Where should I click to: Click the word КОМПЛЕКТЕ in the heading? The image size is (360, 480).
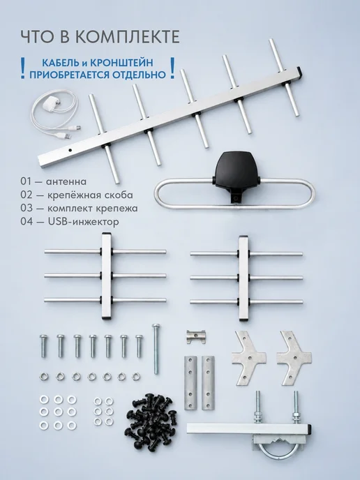pyautogui.click(x=128, y=37)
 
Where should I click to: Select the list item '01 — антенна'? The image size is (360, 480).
pyautogui.click(x=53, y=181)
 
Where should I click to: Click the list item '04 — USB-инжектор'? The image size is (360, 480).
pyautogui.click(x=70, y=221)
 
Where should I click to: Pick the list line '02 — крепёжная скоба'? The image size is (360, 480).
pyautogui.click(x=77, y=195)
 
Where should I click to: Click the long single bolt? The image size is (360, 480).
pyautogui.click(x=156, y=348)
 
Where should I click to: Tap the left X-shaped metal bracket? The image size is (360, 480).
pyautogui.click(x=248, y=357)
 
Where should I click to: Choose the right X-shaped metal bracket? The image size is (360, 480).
pyautogui.click(x=294, y=357)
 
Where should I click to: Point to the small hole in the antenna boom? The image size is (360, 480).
pyautogui.click(x=70, y=150)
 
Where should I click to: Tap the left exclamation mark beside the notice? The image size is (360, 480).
pyautogui.click(x=22, y=68)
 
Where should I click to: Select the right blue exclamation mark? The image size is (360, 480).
pyautogui.click(x=172, y=68)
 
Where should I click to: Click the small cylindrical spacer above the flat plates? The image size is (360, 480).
pyautogui.click(x=196, y=337)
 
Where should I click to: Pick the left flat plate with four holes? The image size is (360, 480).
pyautogui.click(x=190, y=382)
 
